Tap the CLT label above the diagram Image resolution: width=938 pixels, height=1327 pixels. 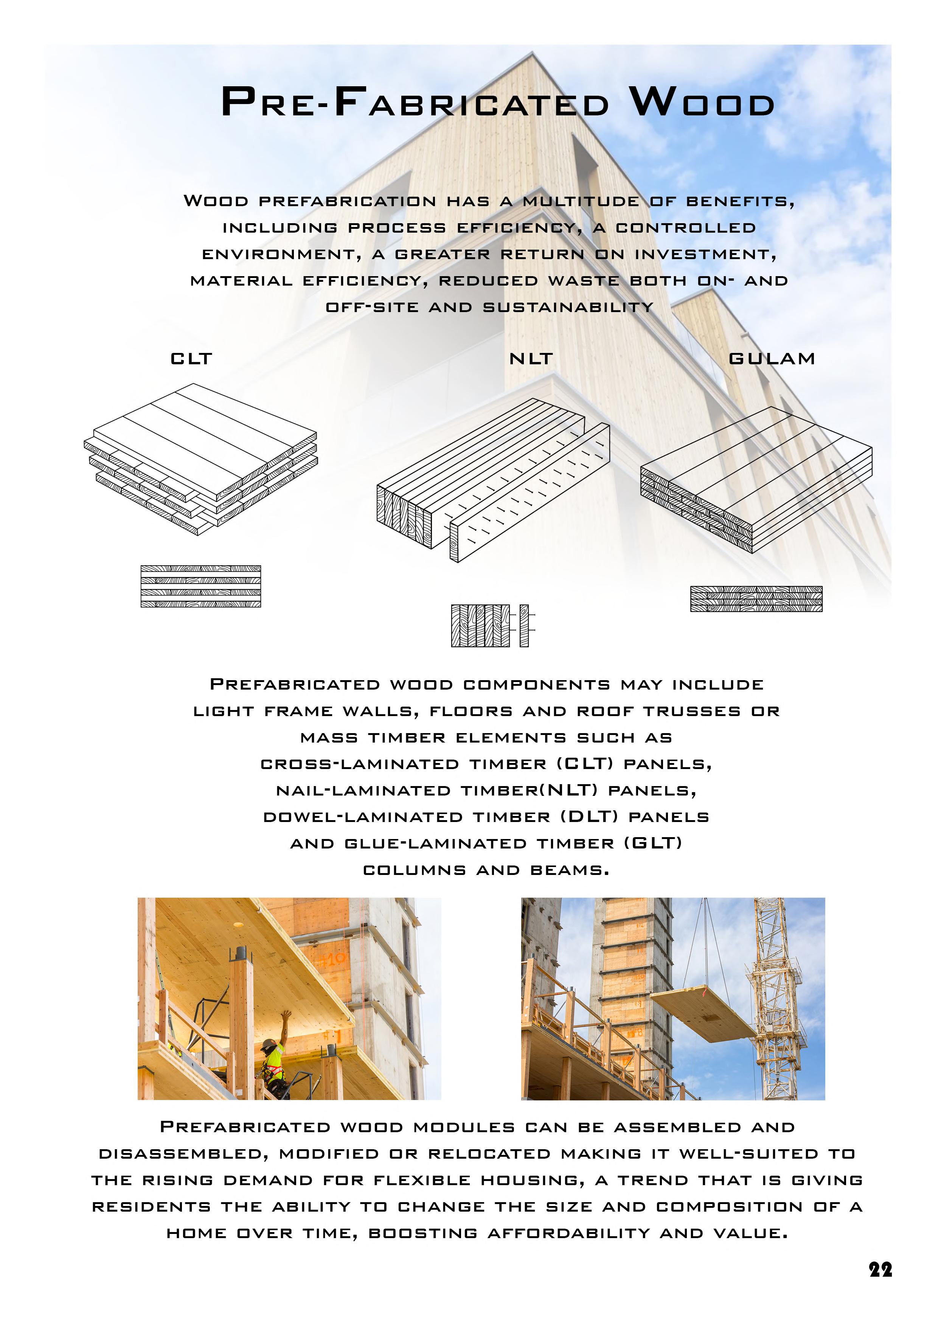pyautogui.click(x=191, y=359)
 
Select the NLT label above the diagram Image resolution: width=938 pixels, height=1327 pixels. pyautogui.click(x=531, y=359)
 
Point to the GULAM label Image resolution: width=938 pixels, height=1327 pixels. pyautogui.click(x=772, y=359)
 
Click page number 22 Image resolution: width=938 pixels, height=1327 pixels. pyautogui.click(x=880, y=1270)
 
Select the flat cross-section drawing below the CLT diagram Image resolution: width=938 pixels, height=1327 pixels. pyautogui.click(x=200, y=586)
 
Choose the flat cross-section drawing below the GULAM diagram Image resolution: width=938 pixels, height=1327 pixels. pyautogui.click(x=756, y=599)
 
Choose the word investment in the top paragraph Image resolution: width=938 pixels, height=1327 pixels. pyautogui.click(x=705, y=254)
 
